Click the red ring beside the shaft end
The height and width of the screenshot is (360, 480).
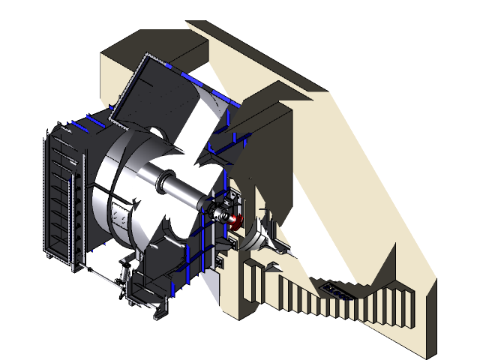[238, 222]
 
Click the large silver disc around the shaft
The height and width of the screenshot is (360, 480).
[112, 195]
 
